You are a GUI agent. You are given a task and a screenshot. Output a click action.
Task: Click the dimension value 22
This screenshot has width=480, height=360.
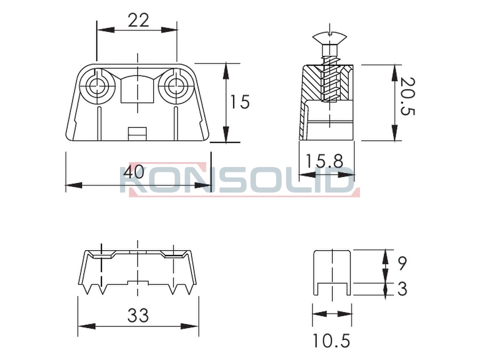138,20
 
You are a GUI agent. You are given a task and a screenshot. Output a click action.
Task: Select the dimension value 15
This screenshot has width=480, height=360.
240,102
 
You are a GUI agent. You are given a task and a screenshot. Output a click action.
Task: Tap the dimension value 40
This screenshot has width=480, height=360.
134,171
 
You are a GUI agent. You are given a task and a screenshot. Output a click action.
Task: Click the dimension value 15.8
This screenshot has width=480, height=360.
324,161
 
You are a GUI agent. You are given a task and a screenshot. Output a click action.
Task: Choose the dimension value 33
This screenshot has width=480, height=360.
138,315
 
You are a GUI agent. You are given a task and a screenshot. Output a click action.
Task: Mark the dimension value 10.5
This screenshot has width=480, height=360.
332,341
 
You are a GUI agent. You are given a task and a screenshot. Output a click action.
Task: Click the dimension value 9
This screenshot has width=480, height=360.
403,263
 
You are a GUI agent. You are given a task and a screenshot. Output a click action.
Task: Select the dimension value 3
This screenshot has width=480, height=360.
403,289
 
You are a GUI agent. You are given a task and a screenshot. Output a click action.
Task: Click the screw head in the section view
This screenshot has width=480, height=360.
330,39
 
